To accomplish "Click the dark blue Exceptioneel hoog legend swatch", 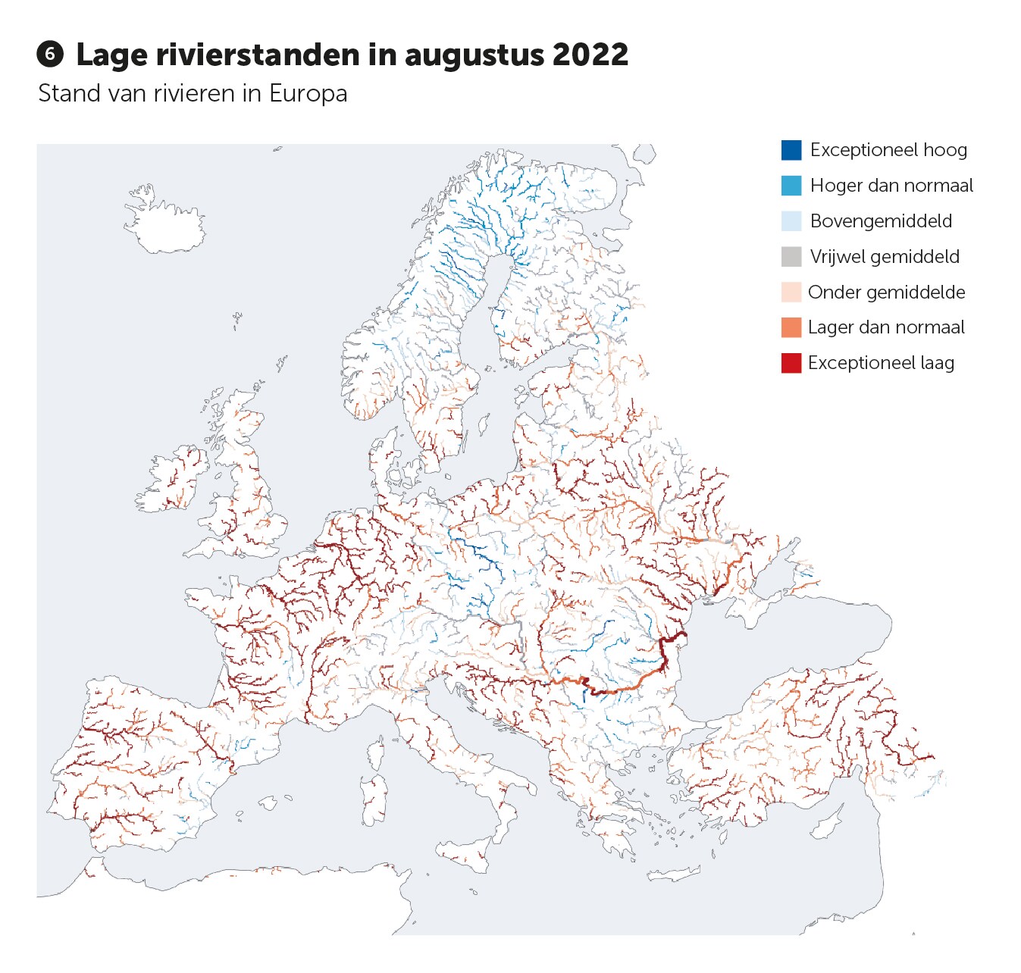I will click(791, 150).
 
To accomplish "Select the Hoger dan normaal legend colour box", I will click(791, 186).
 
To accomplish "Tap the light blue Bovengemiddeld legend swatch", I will click(791, 221).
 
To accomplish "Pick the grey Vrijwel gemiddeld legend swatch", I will click(791, 257).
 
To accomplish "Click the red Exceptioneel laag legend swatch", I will click(791, 363).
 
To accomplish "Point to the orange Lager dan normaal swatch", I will click(791, 327).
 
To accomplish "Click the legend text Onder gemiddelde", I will click(886, 293).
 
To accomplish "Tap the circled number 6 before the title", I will click(50, 55).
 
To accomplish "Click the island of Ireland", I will click(173, 481).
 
